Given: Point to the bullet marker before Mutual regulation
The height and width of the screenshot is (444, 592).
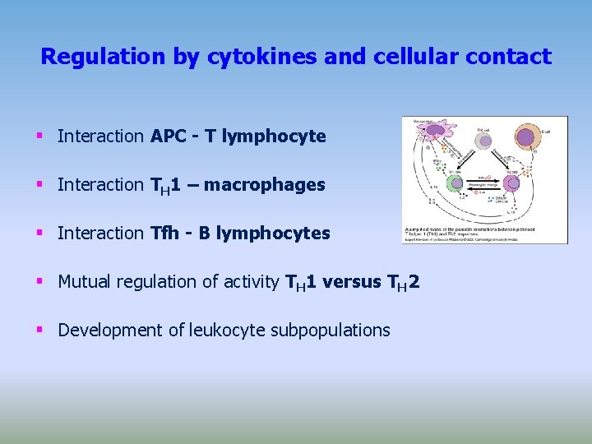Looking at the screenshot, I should coord(39,282).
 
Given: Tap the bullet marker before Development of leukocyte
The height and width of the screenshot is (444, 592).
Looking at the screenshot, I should coord(39,331).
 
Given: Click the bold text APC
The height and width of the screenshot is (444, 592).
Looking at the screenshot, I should coord(170,136).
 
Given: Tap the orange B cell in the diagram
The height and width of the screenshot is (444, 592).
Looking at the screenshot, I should coord(529,138).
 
